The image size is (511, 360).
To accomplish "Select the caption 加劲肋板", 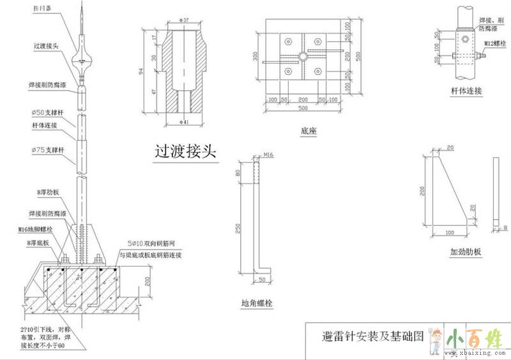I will [465, 251].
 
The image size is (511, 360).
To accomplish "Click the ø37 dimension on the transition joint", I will [185, 21].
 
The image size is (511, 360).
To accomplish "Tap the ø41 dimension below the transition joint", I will [185, 121].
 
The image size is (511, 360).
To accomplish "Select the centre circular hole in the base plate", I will [302, 57].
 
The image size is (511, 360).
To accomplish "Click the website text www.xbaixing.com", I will [477, 351].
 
